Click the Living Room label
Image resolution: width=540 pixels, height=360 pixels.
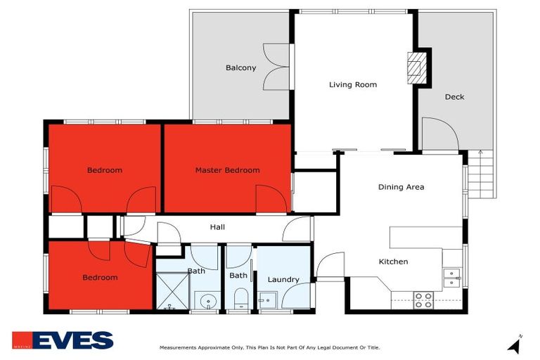[353, 85]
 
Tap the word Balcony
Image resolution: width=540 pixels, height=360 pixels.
[240, 68]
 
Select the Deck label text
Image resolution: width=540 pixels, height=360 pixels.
[454, 97]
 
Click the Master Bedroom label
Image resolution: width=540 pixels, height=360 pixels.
[227, 170]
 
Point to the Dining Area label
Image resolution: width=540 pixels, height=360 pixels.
[401, 187]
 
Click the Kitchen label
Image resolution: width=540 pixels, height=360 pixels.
[393, 262]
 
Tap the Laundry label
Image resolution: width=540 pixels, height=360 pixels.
[283, 279]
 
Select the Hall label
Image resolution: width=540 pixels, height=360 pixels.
[217, 227]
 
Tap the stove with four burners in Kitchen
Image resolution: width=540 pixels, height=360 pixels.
[423, 300]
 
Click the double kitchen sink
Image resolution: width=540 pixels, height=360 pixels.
[451, 278]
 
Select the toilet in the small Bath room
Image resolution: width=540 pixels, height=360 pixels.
[240, 300]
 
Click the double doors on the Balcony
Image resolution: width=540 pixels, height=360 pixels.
[276, 67]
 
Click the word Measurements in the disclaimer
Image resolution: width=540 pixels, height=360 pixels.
[181, 347]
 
